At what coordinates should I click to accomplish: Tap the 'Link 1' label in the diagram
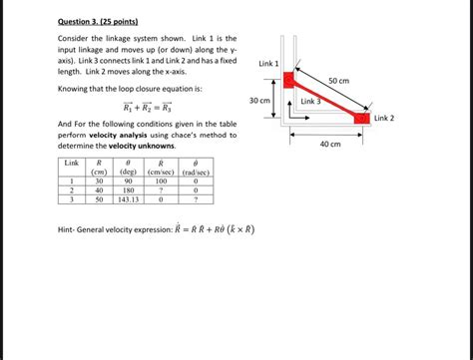(x=268, y=64)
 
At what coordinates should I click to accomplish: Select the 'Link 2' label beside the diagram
(x=384, y=118)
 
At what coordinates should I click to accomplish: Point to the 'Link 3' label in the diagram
(x=311, y=101)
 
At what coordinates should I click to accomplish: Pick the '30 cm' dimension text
(x=259, y=101)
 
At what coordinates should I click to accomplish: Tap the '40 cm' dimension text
(x=330, y=144)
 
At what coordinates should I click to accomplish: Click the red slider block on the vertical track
(x=288, y=80)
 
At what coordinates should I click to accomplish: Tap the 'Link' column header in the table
(x=72, y=162)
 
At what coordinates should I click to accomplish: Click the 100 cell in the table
(x=162, y=180)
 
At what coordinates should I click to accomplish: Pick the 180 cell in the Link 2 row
(x=129, y=189)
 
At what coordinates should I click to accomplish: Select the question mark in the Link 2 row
(x=162, y=189)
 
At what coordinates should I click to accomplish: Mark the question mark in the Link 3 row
(x=196, y=199)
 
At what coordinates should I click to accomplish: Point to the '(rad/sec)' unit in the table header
(x=196, y=171)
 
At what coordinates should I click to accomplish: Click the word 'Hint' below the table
(x=68, y=229)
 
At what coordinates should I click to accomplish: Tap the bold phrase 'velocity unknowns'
(x=143, y=146)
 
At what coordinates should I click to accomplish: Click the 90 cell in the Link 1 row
(x=129, y=180)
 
